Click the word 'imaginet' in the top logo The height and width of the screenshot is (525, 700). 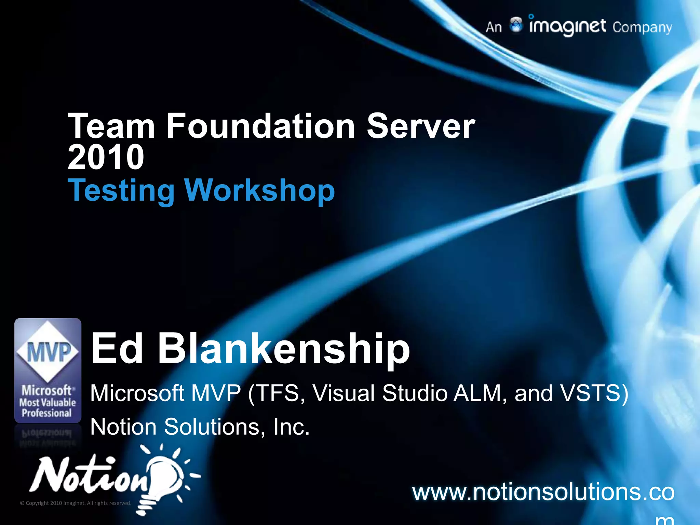click(567, 27)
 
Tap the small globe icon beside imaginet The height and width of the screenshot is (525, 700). click(516, 25)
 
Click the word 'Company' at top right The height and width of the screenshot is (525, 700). click(642, 27)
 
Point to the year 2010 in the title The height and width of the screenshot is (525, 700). click(106, 157)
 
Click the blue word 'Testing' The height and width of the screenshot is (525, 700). click(121, 191)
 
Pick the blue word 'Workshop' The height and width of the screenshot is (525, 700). click(260, 191)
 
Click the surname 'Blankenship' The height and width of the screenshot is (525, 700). click(284, 349)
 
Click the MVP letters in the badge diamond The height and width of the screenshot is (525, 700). click(48, 352)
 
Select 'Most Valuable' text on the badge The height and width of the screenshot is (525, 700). click(48, 402)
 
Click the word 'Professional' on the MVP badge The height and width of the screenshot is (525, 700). click(47, 413)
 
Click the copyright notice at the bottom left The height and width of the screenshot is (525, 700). click(76, 503)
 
